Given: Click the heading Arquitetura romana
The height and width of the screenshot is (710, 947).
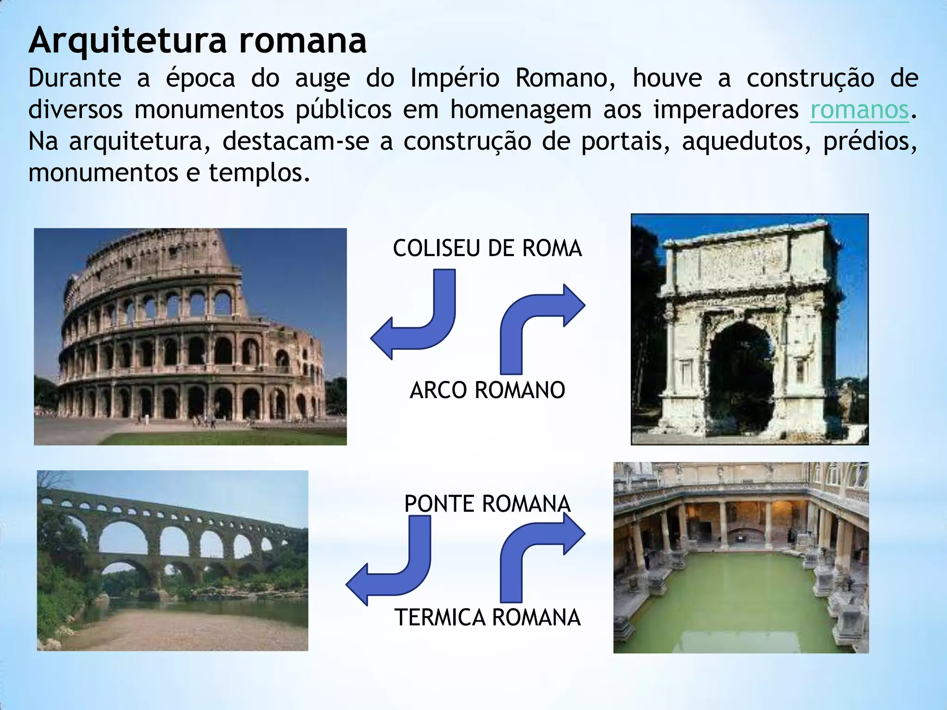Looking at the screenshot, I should click(x=197, y=41).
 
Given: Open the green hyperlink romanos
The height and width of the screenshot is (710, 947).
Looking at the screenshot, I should click(x=860, y=110).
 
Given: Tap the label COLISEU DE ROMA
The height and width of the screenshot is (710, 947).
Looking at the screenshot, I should click(x=487, y=249).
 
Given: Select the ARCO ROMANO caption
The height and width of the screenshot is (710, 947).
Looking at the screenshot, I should click(x=487, y=390).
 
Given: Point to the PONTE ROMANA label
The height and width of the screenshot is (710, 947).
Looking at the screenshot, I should click(x=487, y=503).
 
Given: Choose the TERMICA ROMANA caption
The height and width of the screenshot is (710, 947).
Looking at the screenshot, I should click(x=487, y=618).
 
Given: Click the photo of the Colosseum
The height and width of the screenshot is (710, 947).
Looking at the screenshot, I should click(x=190, y=337).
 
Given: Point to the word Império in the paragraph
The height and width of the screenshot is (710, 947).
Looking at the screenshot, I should click(x=455, y=79).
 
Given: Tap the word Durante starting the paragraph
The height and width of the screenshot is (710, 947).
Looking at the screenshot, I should click(x=74, y=79).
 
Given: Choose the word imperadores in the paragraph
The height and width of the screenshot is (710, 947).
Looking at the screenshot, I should click(x=726, y=110).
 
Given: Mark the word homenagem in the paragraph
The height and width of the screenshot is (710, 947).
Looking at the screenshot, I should click(x=521, y=110).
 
